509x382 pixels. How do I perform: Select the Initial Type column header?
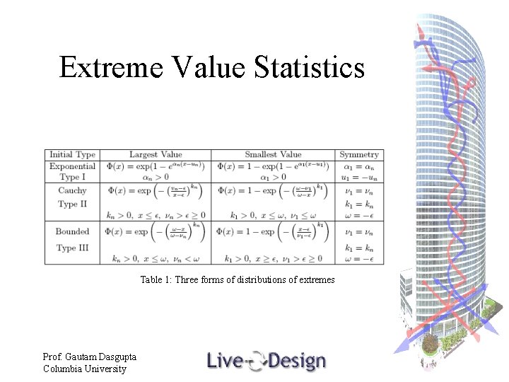(x=72, y=154)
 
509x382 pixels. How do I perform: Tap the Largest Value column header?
(x=156, y=154)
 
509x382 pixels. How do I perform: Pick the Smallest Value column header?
(x=273, y=154)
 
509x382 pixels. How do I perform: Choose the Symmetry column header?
(x=358, y=154)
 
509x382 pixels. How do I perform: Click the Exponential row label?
(x=72, y=166)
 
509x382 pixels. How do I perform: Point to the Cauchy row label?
(x=72, y=190)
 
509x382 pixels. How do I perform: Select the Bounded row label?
(x=72, y=231)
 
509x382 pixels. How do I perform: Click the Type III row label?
(x=72, y=248)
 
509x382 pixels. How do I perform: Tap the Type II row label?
(x=72, y=204)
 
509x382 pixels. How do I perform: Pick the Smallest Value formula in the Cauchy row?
(x=273, y=192)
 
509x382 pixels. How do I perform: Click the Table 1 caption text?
(x=237, y=279)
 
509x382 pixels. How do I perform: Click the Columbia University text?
(x=84, y=369)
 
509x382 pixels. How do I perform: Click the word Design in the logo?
(x=296, y=361)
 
